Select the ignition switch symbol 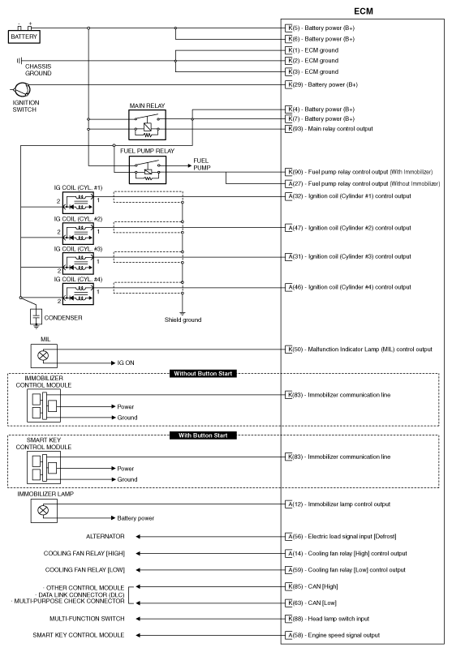click(22, 90)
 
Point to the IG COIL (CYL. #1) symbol click(78, 204)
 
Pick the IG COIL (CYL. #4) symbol click(78, 293)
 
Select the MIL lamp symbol click(43, 354)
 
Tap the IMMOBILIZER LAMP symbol click(43, 510)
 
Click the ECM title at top click(364, 11)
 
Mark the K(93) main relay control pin click(290, 129)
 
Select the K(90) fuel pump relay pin click(290, 172)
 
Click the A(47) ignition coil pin click(290, 227)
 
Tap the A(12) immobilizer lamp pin click(290, 504)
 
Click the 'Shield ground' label click(183, 319)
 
